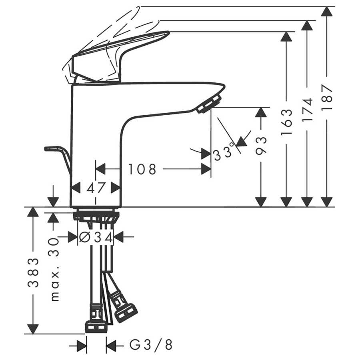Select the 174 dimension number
[x=307, y=110]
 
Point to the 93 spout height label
[x=261, y=146]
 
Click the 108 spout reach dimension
[x=142, y=170]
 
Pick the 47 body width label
[x=96, y=188]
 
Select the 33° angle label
[x=223, y=152]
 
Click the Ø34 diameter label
[x=96, y=237]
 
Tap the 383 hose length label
[x=33, y=273]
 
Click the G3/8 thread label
[x=151, y=345]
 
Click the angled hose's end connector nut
[x=126, y=313]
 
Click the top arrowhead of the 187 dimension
[x=327, y=11]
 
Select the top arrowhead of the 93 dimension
[x=261, y=112]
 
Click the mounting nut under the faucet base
[x=96, y=216]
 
